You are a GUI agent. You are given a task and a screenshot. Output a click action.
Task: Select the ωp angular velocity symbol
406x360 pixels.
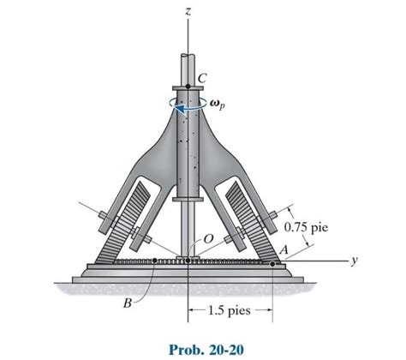click(215, 107)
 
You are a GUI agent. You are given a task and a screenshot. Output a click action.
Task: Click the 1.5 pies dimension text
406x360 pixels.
click(229, 311)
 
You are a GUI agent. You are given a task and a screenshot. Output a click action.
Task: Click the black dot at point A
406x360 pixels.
click(273, 264)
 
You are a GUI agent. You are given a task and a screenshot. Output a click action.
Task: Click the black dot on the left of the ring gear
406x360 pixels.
click(153, 261)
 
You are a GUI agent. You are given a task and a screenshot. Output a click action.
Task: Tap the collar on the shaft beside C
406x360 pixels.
click(188, 87)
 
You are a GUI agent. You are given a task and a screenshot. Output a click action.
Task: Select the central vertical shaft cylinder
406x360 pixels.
click(188, 154)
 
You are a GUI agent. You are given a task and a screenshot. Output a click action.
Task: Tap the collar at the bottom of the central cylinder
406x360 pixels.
click(188, 199)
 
